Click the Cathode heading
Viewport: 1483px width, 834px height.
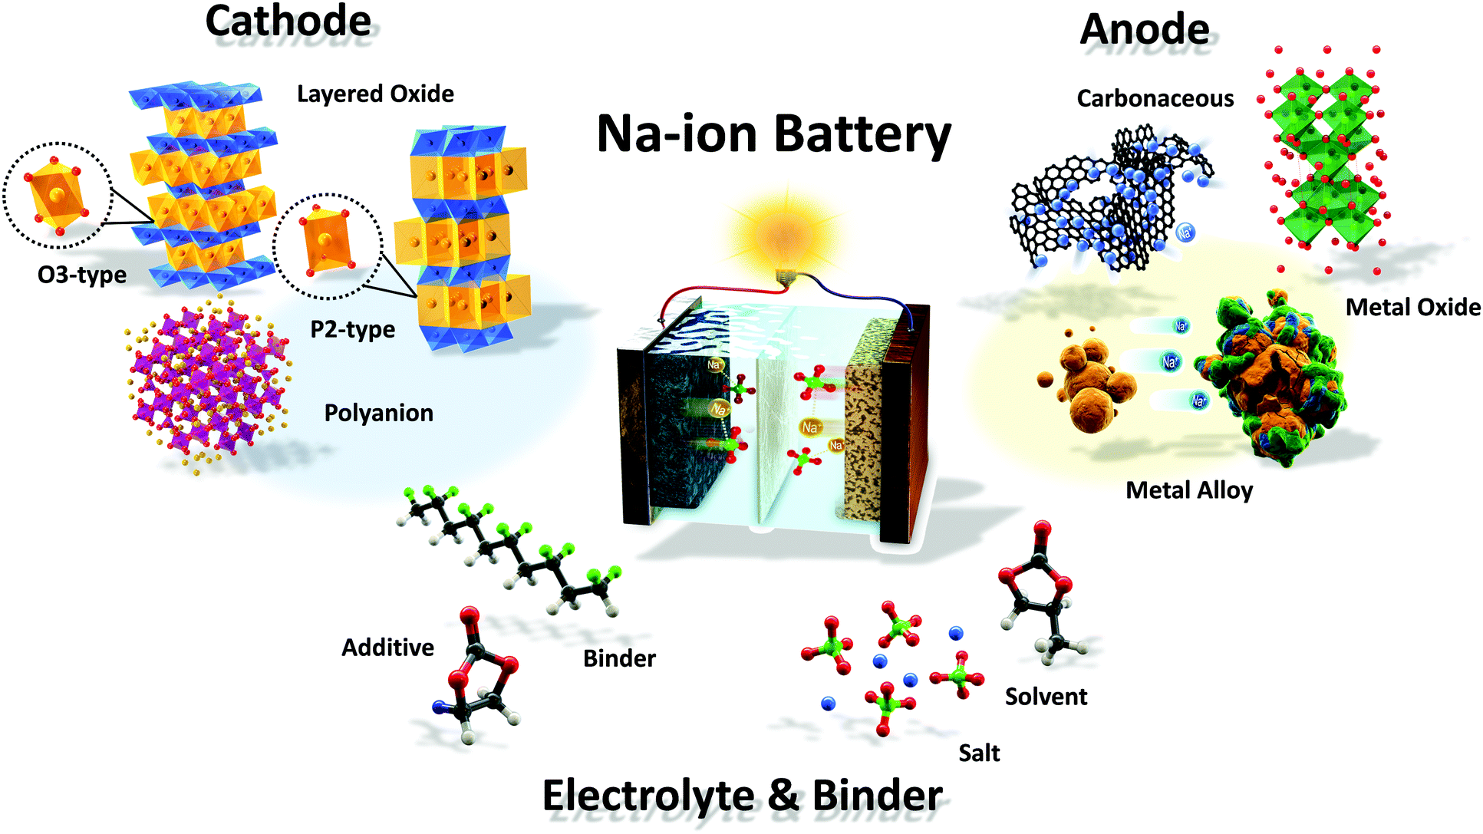click(288, 21)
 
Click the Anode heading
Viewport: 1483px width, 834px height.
click(1144, 30)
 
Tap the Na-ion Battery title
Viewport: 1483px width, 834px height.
click(773, 134)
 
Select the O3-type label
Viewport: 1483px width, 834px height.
click(81, 275)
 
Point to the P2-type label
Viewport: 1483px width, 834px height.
click(352, 329)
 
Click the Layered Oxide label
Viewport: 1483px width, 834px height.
click(375, 94)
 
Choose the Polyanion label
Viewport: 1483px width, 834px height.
click(378, 413)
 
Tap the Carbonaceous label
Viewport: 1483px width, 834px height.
click(1155, 98)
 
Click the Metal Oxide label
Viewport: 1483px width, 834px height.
click(1412, 307)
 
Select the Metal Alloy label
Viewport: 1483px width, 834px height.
click(1188, 490)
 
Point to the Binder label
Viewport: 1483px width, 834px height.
click(619, 658)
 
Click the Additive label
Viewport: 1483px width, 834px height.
click(387, 648)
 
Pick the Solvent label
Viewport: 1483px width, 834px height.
click(1046, 697)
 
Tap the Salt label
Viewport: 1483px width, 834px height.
click(979, 753)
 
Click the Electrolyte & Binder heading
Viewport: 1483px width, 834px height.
click(742, 795)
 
